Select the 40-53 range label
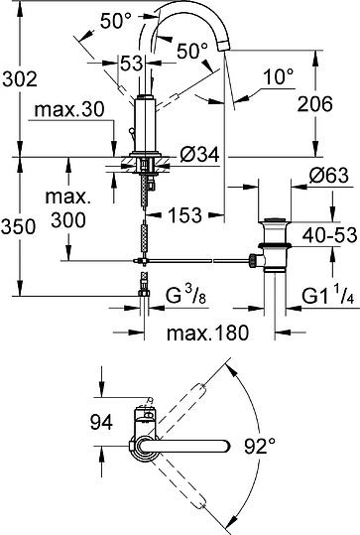coord(327,235)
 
